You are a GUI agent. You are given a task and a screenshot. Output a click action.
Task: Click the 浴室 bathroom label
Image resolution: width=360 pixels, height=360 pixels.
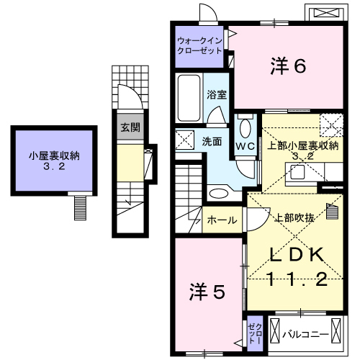point(217,94)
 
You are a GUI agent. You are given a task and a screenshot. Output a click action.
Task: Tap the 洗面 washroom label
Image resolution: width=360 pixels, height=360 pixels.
point(211,140)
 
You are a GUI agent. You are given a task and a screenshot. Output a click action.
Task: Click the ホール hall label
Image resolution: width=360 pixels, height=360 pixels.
point(221,220)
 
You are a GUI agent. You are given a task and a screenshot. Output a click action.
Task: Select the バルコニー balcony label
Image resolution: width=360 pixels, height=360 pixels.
point(305,335)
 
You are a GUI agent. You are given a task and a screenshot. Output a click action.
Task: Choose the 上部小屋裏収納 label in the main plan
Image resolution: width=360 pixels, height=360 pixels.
point(302,146)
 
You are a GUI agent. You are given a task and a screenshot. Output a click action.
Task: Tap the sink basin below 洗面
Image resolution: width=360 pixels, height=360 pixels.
point(218,192)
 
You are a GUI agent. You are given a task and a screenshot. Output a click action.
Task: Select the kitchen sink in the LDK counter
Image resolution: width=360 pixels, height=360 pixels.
point(297,171)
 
